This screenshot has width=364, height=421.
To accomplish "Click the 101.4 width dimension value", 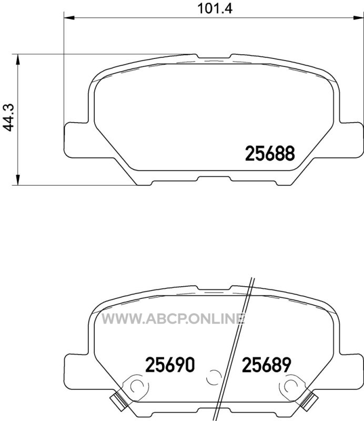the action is tap(215, 8).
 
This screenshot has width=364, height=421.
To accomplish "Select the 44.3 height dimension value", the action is tap(9, 118).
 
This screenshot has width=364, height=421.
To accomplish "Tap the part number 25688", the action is tap(270, 154).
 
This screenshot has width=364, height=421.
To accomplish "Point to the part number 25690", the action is tap(170, 365).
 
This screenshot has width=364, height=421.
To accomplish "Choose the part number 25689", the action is tap(267, 365).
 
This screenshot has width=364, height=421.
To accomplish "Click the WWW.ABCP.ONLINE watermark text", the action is tap(174, 319).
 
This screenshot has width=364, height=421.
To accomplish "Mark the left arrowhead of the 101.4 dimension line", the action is tap(69, 18).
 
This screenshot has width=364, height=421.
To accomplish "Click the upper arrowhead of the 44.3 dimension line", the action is tap(18, 59).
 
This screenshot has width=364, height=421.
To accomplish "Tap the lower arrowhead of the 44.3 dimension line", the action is tap(18, 180).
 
